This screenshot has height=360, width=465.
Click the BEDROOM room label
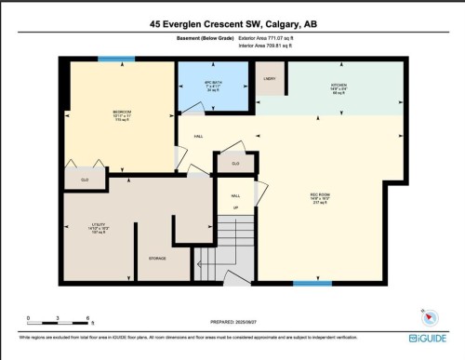pyautogui.click(x=122, y=112)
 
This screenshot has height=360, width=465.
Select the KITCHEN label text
pyautogui.click(x=339, y=85)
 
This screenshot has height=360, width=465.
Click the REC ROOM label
pyautogui.click(x=319, y=195)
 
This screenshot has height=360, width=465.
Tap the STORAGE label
pyautogui.click(x=157, y=258)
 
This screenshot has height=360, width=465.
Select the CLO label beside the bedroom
pyautogui.click(x=85, y=180)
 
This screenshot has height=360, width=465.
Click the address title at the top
pyautogui.click(x=232, y=21)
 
